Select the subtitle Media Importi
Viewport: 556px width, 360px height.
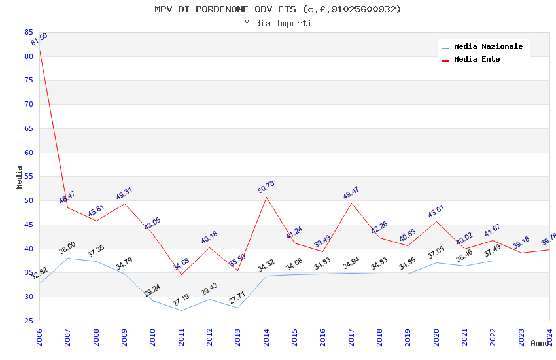point(278,24)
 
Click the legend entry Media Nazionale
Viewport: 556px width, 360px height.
point(488,47)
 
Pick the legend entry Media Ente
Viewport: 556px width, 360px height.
point(477,60)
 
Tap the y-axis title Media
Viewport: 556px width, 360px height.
point(20,177)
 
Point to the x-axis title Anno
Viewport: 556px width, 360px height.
point(540,343)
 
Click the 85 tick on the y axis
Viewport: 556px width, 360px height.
point(29,32)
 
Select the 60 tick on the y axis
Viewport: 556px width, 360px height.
point(29,153)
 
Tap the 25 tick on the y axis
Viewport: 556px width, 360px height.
point(29,321)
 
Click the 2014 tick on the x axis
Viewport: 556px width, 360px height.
point(266,337)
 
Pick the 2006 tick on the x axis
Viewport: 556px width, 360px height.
point(40,337)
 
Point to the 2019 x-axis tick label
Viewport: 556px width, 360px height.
point(408,337)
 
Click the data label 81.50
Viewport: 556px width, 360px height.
point(39,40)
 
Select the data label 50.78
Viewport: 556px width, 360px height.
point(266,187)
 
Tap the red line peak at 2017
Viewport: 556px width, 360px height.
point(351,203)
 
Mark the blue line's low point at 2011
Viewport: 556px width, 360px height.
point(181,310)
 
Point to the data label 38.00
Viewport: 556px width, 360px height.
point(67,248)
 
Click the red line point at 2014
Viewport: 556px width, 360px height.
point(266,197)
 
